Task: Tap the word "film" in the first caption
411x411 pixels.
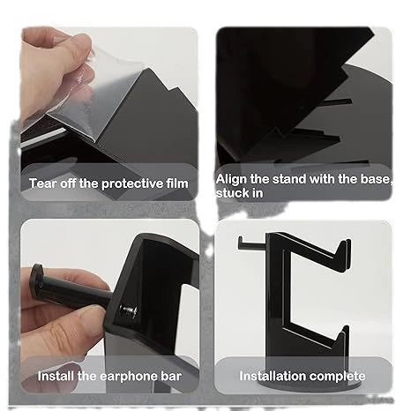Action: (177, 183)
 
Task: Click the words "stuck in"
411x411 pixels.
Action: (239, 193)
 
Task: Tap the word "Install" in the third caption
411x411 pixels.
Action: (56, 376)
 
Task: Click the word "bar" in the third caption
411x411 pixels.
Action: (171, 376)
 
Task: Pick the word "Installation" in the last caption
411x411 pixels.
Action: (273, 376)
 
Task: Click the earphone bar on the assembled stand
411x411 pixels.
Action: (253, 243)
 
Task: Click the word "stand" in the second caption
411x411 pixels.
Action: (289, 179)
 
